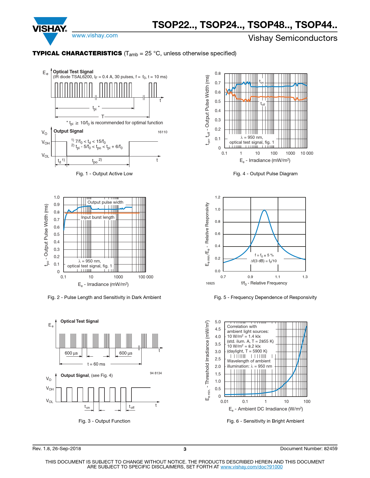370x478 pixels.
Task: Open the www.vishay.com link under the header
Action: pyautogui.click(x=95, y=36)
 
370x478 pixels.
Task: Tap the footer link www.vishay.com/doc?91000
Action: pyautogui.click(x=251, y=467)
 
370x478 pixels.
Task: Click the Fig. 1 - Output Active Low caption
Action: pyautogui.click(x=104, y=174)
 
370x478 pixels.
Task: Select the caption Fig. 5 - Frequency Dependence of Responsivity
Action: pyautogui.click(x=265, y=298)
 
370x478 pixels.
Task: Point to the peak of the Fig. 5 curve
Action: pyautogui.click(x=264, y=210)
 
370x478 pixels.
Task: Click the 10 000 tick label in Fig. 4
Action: pyautogui.click(x=307, y=153)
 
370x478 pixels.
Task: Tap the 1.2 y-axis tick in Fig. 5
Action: pyautogui.click(x=218, y=197)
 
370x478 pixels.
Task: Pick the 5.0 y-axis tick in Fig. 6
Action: pyautogui.click(x=218, y=322)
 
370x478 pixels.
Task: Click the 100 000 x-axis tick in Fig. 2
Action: pyautogui.click(x=146, y=277)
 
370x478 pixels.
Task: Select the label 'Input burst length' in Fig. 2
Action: pyautogui.click(x=98, y=217)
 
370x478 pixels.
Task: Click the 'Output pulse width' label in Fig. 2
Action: pyautogui.click(x=105, y=202)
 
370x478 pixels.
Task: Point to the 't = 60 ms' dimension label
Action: pyautogui.click(x=96, y=364)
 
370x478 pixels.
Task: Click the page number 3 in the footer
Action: pyautogui.click(x=185, y=449)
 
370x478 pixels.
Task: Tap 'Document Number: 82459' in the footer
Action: pyautogui.click(x=309, y=449)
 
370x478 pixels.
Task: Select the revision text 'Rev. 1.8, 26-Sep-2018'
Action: pyautogui.click(x=57, y=449)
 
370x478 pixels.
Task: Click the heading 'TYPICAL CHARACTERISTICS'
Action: pyautogui.click(x=77, y=54)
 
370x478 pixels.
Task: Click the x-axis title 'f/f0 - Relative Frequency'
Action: pyautogui.click(x=264, y=283)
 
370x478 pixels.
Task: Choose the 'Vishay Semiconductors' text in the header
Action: pyautogui.click(x=293, y=38)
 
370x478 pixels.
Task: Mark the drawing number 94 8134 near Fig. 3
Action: pyautogui.click(x=156, y=373)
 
